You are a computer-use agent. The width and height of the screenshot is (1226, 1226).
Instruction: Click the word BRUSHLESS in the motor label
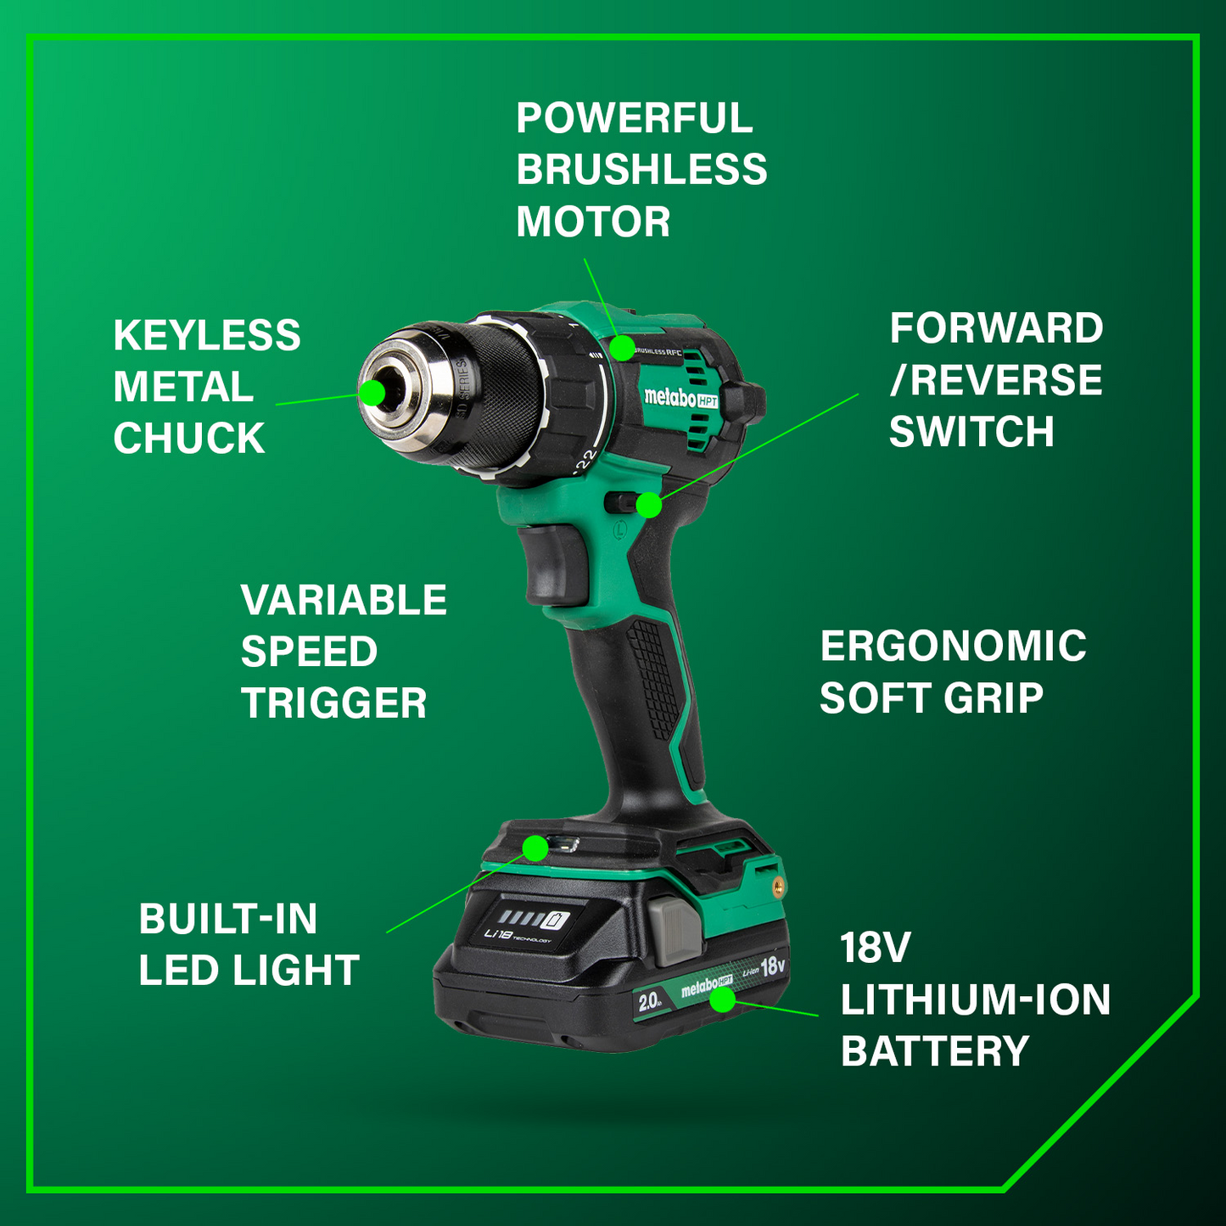pos(641,170)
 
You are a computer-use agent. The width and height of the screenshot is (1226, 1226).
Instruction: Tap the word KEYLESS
pos(207,336)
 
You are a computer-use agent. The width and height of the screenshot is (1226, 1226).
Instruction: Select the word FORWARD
pos(996,328)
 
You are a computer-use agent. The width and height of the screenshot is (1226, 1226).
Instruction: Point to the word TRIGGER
pos(333,703)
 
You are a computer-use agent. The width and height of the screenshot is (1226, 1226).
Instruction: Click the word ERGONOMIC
pos(953,647)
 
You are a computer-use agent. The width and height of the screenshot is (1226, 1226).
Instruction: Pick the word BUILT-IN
pos(228,919)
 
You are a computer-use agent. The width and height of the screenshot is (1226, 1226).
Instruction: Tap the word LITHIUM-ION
pos(975,1000)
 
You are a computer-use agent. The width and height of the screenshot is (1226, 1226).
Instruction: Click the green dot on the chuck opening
pos(372,392)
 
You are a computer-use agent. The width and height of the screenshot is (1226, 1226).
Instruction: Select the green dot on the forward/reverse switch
pos(649,505)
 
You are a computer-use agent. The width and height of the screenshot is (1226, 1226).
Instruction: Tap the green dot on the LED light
pos(535,848)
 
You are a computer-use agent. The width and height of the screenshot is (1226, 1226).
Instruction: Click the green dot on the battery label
pos(722,999)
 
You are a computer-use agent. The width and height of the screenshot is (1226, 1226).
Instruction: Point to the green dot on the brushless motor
pos(622,347)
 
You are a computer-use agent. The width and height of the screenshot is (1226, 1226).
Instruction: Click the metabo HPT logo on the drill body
pos(680,398)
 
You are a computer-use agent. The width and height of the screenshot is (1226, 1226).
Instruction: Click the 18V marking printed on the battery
pos(773,966)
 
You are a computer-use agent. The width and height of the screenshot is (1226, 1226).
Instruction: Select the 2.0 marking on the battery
pos(650,1002)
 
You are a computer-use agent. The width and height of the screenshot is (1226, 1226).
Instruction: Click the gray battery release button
pos(676,932)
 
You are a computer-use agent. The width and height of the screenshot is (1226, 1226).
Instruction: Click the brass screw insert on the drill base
pos(777,885)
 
